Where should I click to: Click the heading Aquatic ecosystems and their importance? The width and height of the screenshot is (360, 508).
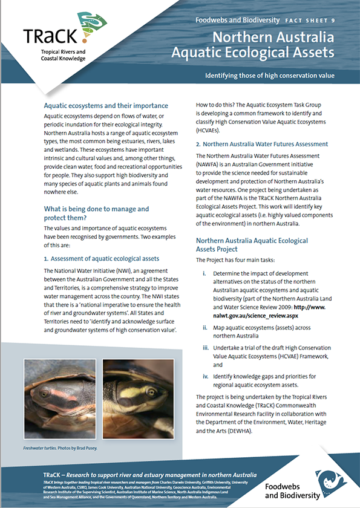point(106,105)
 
